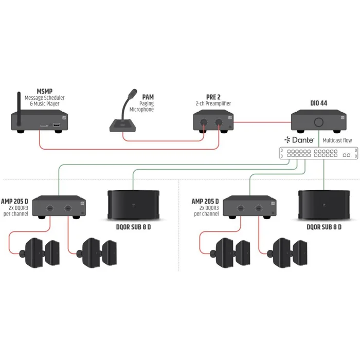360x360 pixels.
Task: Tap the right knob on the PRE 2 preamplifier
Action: (x=219, y=123)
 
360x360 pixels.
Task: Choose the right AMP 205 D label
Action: (x=205, y=201)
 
